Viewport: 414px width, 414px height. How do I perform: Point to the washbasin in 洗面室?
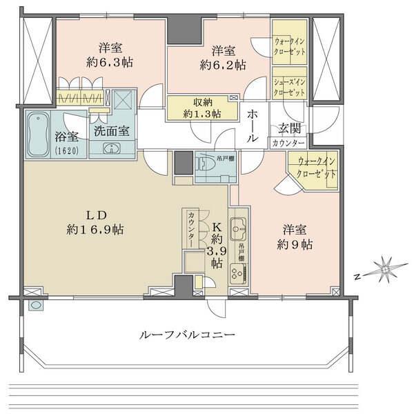click(x=110, y=148)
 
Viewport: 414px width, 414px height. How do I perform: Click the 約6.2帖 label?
click(x=223, y=66)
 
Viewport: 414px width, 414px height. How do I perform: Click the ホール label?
click(x=253, y=124)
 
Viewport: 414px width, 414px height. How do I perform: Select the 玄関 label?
click(x=288, y=128)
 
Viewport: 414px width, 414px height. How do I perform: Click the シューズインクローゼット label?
click(x=288, y=86)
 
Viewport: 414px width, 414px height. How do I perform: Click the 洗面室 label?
click(x=110, y=130)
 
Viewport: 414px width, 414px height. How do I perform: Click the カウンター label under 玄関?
click(x=288, y=143)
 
